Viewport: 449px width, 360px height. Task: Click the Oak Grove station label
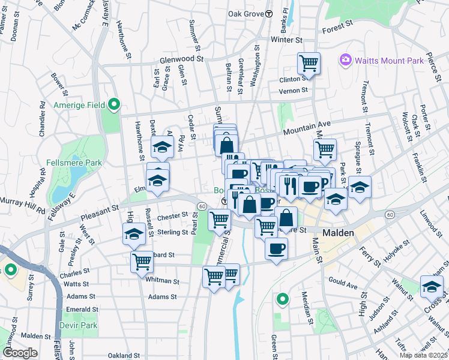pos(246,13)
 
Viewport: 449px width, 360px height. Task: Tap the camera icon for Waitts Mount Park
pos(345,59)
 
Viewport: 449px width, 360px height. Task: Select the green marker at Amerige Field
pos(113,105)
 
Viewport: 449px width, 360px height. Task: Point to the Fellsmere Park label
pos(74,163)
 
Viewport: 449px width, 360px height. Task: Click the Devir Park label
pos(79,325)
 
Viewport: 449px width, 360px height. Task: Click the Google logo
pos(20,352)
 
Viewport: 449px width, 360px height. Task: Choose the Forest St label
pos(337,27)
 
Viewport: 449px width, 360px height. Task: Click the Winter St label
pos(286,40)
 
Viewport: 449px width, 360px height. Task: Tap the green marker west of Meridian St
pos(282,298)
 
